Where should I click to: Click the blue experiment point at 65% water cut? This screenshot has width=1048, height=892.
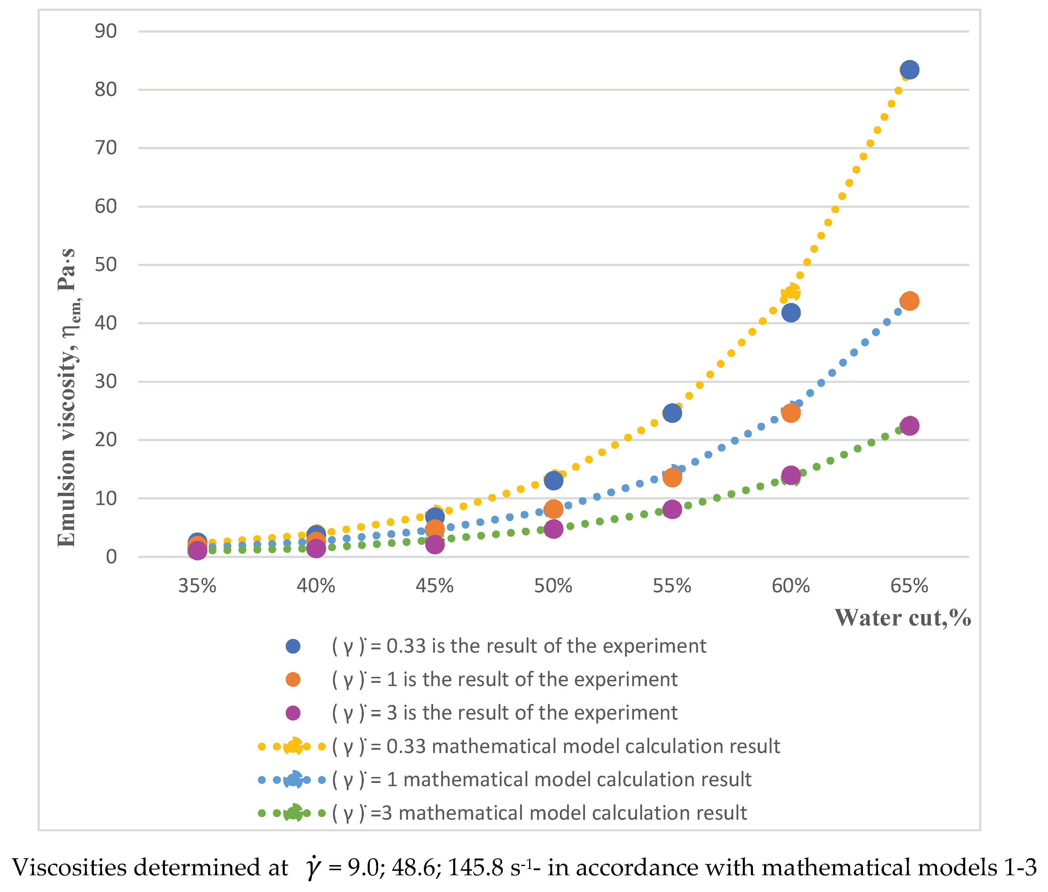click(x=909, y=70)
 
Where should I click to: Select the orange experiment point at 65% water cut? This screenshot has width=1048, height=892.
click(x=909, y=301)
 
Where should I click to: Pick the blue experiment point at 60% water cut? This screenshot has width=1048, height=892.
click(x=791, y=313)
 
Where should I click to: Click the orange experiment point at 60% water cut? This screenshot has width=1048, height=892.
click(x=791, y=413)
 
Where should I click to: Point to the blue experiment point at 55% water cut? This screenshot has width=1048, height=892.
click(x=672, y=413)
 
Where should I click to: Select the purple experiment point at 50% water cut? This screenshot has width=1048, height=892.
click(x=553, y=529)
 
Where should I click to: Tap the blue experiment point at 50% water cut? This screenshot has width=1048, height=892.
click(x=553, y=481)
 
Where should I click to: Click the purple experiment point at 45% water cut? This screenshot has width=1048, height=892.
click(x=435, y=544)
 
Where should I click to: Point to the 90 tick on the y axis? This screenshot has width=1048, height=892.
click(x=105, y=31)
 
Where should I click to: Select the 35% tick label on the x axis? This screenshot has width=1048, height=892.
click(x=197, y=586)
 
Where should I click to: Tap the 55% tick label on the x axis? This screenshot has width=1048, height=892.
click(x=672, y=586)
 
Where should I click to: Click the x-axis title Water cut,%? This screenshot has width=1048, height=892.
click(x=903, y=617)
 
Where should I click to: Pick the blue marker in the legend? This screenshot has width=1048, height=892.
click(x=293, y=646)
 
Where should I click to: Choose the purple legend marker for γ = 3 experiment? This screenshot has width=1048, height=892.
click(x=293, y=713)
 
